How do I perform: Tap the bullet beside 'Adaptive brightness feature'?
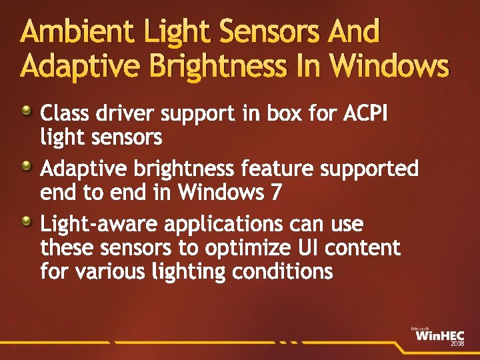pos(26,165)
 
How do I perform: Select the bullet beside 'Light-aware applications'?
pos(26,220)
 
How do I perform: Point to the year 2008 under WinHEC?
pos(457,344)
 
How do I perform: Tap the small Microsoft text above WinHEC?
pos(419,328)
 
